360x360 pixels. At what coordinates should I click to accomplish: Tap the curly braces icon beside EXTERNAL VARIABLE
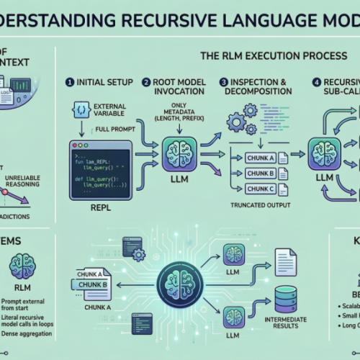click(81, 109)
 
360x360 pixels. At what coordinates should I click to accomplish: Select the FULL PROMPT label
click(114, 131)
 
